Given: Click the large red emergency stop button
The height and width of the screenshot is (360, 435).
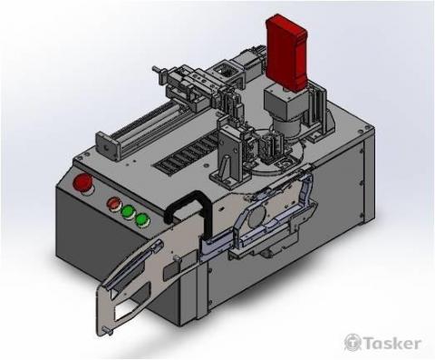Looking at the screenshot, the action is [x=83, y=183].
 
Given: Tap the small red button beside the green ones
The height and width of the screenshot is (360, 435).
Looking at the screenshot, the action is [x=113, y=203].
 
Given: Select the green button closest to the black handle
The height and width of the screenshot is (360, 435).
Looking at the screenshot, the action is [x=141, y=219].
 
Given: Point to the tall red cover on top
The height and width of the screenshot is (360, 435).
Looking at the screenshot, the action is [x=286, y=53].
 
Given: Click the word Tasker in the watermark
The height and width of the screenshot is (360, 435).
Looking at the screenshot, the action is [x=392, y=344].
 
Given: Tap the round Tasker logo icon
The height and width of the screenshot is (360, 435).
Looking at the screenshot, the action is [x=353, y=343].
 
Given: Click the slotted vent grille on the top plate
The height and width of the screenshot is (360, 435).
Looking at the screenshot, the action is [x=186, y=155].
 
